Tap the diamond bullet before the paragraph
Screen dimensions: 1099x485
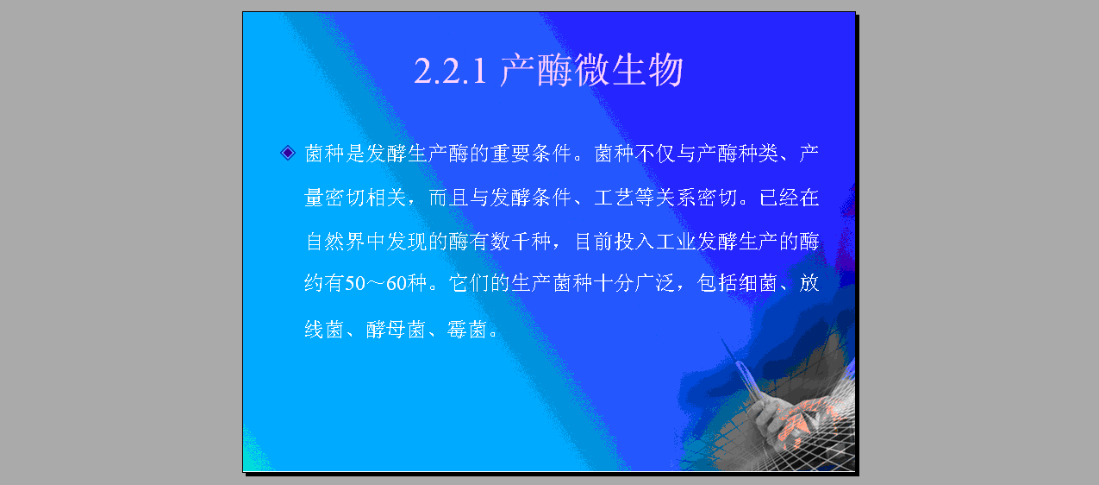tap(288, 153)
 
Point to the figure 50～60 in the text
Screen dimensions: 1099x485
tap(376, 284)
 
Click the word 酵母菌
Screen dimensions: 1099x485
tap(396, 329)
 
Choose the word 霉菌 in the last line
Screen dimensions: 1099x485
tap(466, 329)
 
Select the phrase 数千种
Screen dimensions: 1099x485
tap(521, 242)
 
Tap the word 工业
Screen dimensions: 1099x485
tap(676, 242)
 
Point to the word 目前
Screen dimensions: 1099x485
tap(593, 242)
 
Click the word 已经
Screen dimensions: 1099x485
tap(778, 198)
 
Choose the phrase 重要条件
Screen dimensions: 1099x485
tap(531, 154)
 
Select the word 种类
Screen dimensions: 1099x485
tap(758, 154)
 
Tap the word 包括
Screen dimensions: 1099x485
tap(717, 284)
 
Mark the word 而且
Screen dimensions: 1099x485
tap(448, 198)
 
